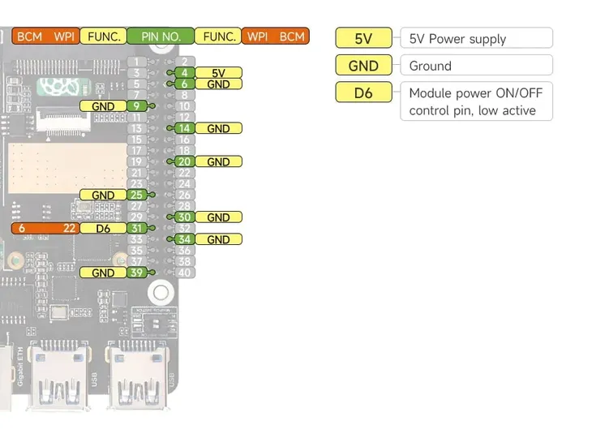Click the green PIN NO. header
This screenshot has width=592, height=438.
(161, 36)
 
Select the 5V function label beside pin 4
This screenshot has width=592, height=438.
(218, 73)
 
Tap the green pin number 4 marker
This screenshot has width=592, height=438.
(185, 73)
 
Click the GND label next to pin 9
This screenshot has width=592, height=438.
(103, 106)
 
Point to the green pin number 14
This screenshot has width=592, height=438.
(185, 128)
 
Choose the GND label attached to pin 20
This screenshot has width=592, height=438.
(218, 161)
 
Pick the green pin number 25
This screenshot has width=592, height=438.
(137, 195)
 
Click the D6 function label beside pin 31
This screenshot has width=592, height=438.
(103, 229)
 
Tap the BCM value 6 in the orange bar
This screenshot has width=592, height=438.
(22, 229)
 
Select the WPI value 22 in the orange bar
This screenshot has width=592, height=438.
(69, 229)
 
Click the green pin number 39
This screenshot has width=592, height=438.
(137, 273)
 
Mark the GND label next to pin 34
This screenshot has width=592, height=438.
(218, 239)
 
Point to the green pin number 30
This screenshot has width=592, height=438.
(185, 217)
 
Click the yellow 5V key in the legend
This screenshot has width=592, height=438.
(363, 38)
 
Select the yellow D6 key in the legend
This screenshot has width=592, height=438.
(363, 92)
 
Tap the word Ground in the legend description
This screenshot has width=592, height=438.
(430, 66)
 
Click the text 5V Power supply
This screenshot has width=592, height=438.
(457, 39)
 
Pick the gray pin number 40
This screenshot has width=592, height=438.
(185, 273)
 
